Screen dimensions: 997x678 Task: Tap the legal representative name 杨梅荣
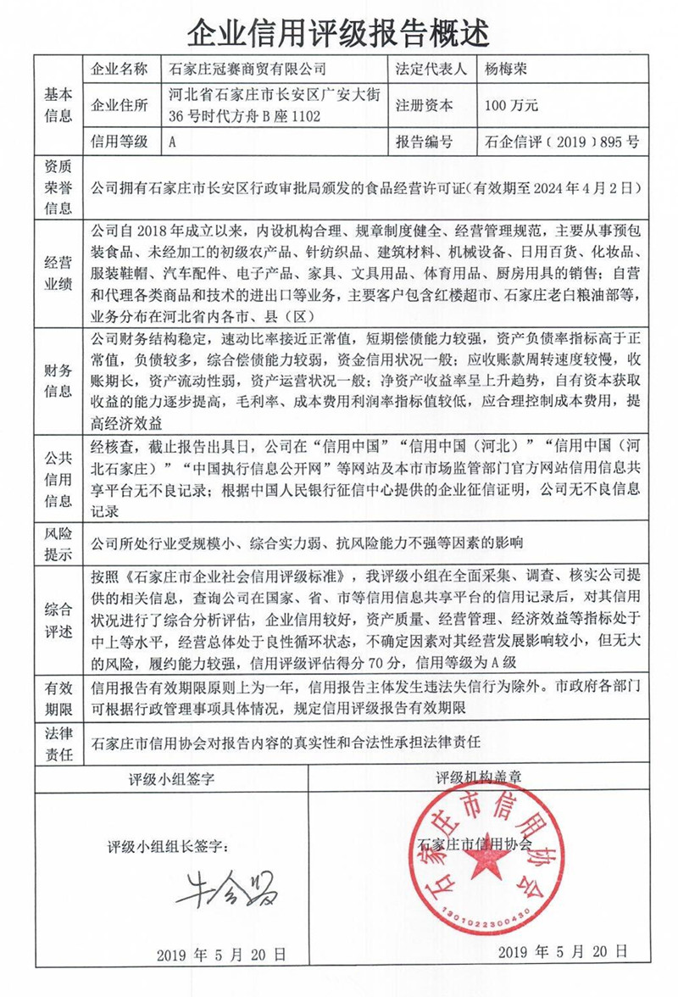click(x=508, y=69)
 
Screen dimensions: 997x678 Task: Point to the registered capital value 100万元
click(x=511, y=106)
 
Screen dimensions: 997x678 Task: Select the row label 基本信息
click(x=58, y=105)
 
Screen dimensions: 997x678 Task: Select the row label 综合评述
click(x=58, y=619)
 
